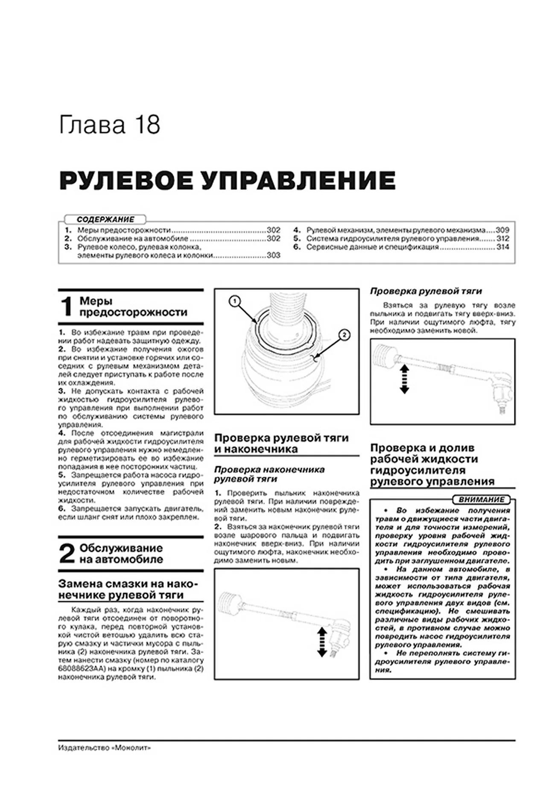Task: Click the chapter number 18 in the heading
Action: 147,125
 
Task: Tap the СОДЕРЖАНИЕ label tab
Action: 105,219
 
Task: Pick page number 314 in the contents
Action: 502,247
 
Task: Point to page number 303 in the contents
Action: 273,255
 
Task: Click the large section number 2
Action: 67,554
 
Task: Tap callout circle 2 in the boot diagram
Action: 344,335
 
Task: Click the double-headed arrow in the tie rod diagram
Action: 404,379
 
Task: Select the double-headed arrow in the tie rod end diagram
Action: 322,641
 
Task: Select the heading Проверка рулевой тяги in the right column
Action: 426,292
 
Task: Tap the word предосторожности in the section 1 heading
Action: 133,312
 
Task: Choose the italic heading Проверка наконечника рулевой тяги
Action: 269,474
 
